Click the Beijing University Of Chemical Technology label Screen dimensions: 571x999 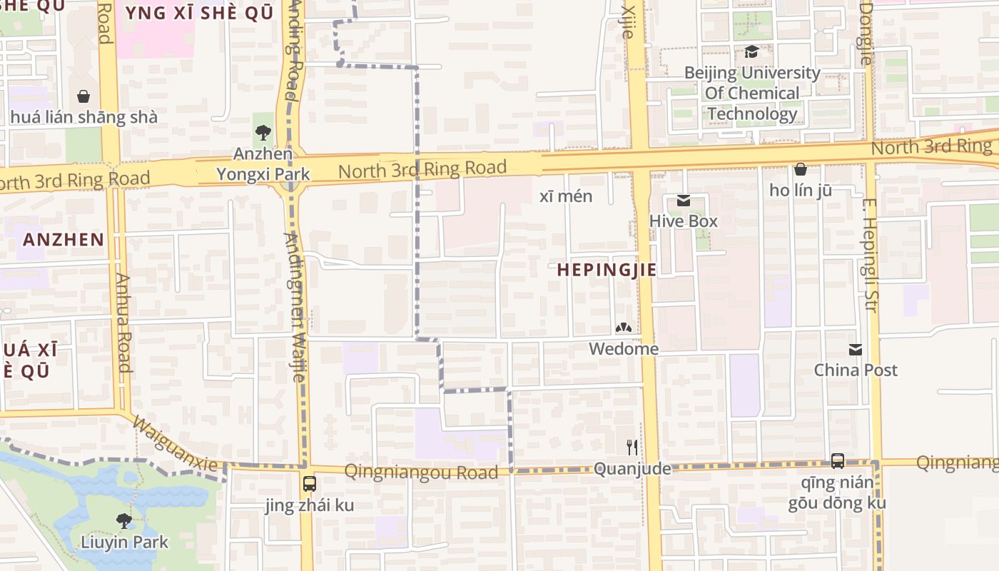pos(752,94)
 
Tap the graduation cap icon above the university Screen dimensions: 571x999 pos(751,51)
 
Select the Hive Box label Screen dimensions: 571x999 pos(683,221)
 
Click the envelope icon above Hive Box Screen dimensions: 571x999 pos(684,201)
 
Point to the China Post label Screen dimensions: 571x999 pos(856,370)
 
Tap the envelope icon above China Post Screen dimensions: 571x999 pos(856,350)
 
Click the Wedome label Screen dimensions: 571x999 pos(623,349)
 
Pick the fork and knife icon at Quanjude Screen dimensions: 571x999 pos(632,448)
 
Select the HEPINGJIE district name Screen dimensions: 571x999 pos(606,270)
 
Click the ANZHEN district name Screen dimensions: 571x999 pos(64,239)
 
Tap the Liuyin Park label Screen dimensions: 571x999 pos(124,542)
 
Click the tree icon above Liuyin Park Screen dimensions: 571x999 pos(124,521)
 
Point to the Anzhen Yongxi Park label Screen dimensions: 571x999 pos(263,164)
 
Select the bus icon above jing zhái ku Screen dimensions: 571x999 pos(309,483)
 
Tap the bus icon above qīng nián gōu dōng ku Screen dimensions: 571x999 pos(838,460)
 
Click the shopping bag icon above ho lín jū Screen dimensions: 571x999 pos(801,169)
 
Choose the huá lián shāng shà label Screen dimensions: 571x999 pos(83,117)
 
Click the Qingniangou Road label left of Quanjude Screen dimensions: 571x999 pos(421,472)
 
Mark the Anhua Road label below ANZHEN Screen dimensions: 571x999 pos(123,323)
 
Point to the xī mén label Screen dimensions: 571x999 pos(566,196)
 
